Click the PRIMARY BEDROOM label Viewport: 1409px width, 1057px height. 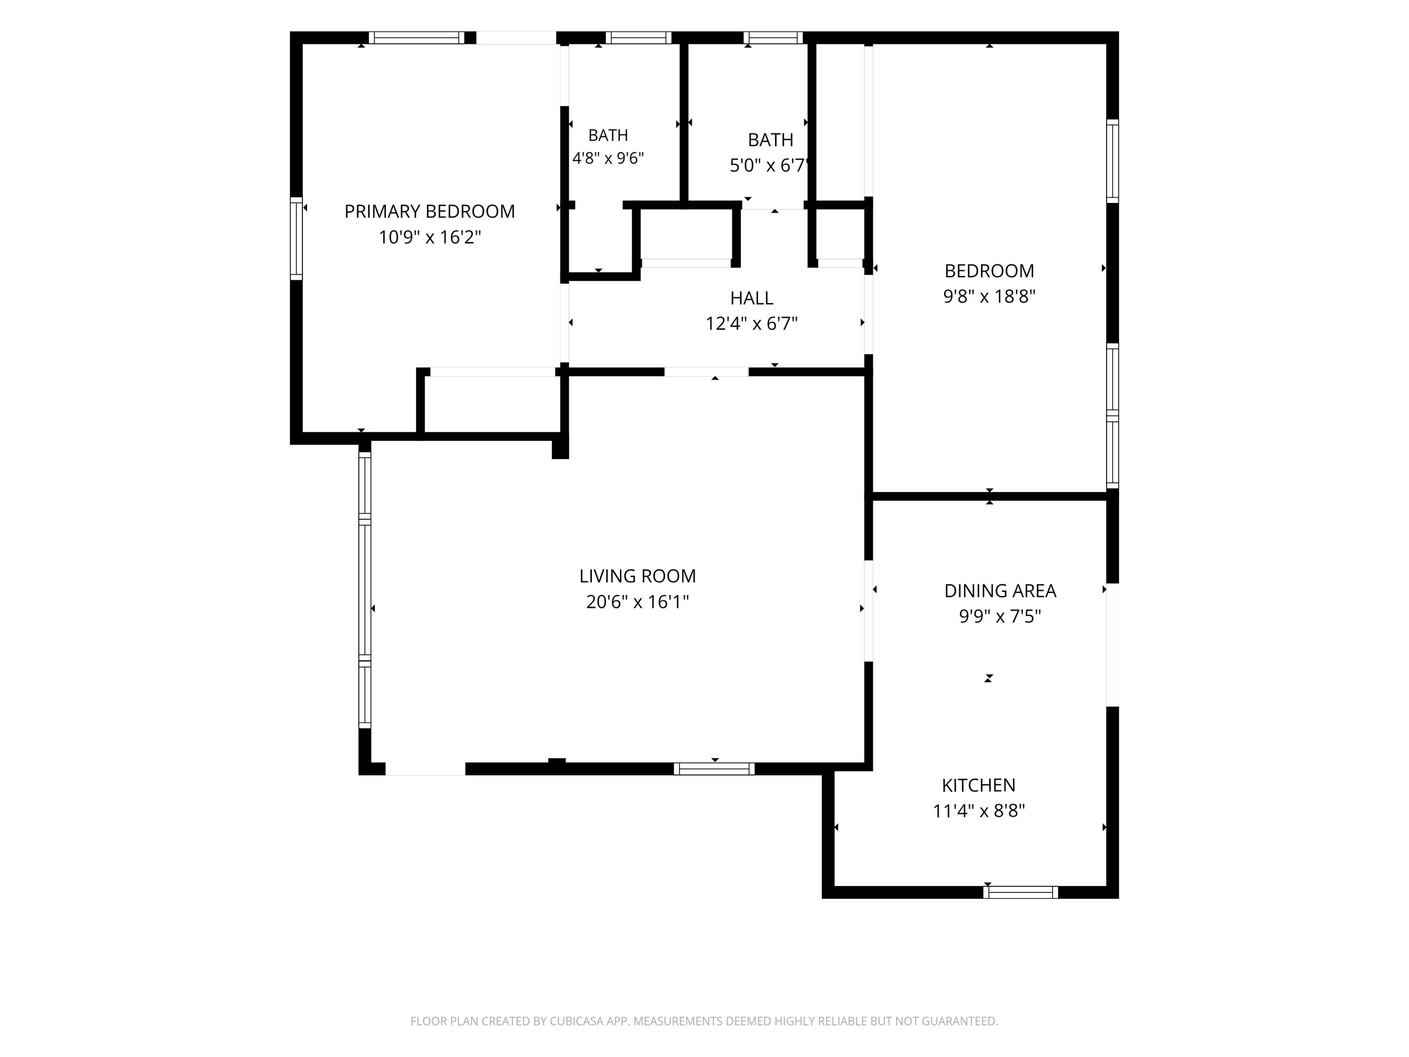(x=429, y=211)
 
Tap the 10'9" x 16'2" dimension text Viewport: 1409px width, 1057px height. (x=429, y=238)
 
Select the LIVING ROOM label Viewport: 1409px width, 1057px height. (x=637, y=576)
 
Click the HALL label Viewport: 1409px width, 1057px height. (x=751, y=298)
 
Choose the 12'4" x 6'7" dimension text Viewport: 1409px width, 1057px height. (x=751, y=324)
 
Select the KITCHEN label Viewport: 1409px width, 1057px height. (x=978, y=785)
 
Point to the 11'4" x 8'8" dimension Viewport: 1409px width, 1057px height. (x=978, y=811)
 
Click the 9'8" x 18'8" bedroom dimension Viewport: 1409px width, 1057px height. (x=989, y=297)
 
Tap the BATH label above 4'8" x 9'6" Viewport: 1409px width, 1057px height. (x=608, y=136)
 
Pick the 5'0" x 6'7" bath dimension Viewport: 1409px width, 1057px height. (x=769, y=166)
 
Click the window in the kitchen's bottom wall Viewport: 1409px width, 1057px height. (x=1021, y=893)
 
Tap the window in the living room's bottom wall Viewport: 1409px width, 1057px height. (x=714, y=769)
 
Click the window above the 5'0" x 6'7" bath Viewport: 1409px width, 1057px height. (x=773, y=38)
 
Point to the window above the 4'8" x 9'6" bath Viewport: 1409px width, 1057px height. (x=638, y=38)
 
